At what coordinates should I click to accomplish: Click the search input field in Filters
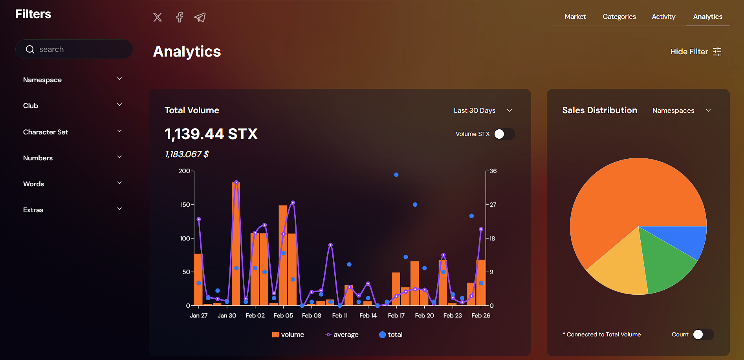(x=79, y=49)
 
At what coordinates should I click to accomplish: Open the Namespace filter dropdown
(x=73, y=80)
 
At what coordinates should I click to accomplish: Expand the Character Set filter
(x=73, y=132)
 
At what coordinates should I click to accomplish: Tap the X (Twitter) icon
(x=158, y=17)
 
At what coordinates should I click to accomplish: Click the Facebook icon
(x=180, y=17)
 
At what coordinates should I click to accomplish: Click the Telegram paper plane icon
(x=200, y=17)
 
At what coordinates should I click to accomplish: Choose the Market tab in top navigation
(x=575, y=17)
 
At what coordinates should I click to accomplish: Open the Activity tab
(x=663, y=17)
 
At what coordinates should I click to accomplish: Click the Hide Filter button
(x=696, y=51)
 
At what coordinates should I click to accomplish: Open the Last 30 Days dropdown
(x=482, y=110)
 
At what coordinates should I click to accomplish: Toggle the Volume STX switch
(x=504, y=134)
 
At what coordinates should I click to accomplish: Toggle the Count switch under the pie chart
(x=703, y=334)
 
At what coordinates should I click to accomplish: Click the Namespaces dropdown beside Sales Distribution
(x=682, y=110)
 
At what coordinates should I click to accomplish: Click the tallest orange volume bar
(x=236, y=244)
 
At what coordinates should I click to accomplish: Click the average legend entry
(x=342, y=335)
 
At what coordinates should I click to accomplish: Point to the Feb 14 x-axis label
(x=368, y=316)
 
